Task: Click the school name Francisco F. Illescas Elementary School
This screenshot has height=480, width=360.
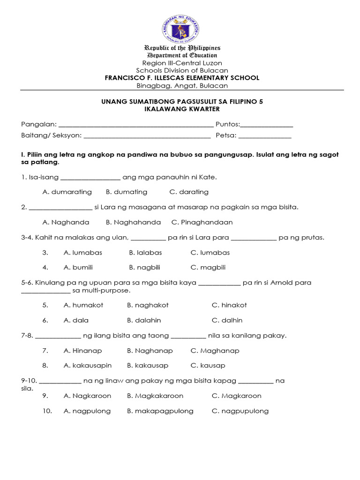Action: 182,78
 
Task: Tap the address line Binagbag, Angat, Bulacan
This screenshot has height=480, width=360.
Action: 182,86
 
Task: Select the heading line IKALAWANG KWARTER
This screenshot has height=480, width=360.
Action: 182,109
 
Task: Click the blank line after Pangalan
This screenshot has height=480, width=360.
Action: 136,125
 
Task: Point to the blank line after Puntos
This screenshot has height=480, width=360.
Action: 267,125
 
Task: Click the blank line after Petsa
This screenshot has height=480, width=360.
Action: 265,136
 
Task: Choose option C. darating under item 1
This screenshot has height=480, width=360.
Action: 189,192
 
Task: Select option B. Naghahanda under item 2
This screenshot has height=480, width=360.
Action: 133,222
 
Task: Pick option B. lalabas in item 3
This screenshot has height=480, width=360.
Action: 145,253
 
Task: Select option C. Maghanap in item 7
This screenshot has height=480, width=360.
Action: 215,351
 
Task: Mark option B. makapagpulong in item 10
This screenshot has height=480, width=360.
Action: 160,411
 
